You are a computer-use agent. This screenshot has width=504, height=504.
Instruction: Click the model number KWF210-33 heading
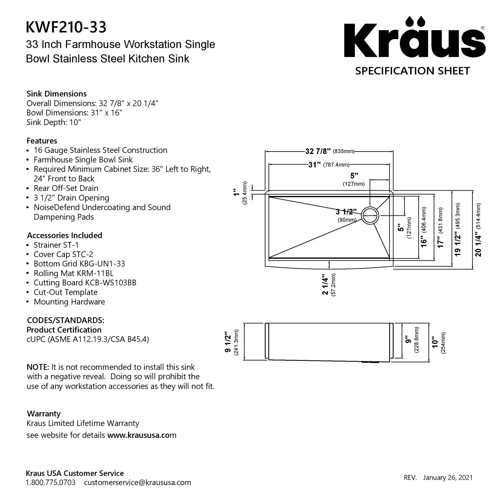66,27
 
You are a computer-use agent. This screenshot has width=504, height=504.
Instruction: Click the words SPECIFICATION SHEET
413,71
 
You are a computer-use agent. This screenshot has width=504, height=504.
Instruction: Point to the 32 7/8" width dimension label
318,151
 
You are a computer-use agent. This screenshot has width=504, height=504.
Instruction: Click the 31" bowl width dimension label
314,165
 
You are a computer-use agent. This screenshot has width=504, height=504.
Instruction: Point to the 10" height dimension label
435,342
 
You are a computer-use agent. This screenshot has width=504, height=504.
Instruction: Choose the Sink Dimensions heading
56,94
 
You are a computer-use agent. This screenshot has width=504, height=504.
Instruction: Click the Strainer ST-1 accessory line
56,245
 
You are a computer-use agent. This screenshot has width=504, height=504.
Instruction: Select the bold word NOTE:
38,367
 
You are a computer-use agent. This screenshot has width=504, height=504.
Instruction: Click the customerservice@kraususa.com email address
137,482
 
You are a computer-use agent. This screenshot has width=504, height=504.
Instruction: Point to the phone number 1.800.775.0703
51,482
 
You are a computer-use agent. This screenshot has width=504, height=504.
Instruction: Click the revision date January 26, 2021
448,478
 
